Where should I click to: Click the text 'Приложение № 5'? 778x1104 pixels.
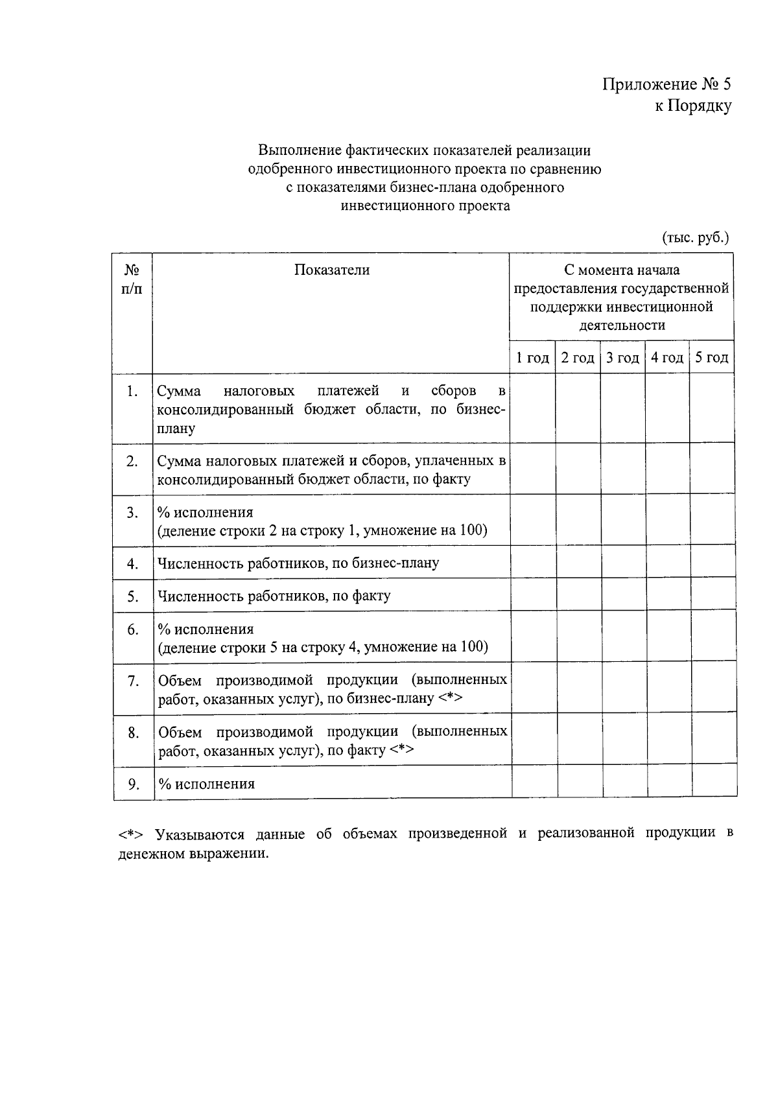(666, 84)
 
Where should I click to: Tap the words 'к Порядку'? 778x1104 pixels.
(692, 106)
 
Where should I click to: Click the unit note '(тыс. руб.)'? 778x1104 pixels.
(695, 237)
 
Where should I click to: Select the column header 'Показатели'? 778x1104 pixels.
(331, 270)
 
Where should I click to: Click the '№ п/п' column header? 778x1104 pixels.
(132, 279)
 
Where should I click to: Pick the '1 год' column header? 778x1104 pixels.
(532, 358)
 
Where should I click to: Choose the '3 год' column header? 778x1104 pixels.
(622, 358)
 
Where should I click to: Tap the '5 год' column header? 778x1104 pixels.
(712, 358)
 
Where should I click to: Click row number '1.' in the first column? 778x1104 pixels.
(132, 391)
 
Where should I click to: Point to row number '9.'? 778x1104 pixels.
(133, 784)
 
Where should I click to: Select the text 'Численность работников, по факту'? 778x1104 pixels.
(274, 596)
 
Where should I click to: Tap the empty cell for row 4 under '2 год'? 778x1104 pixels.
(578, 563)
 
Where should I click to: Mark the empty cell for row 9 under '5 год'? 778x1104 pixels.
(714, 782)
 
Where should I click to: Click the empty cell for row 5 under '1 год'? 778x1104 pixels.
(534, 594)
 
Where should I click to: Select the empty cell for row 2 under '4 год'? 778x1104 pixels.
(668, 469)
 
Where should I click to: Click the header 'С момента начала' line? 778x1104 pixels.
(622, 270)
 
